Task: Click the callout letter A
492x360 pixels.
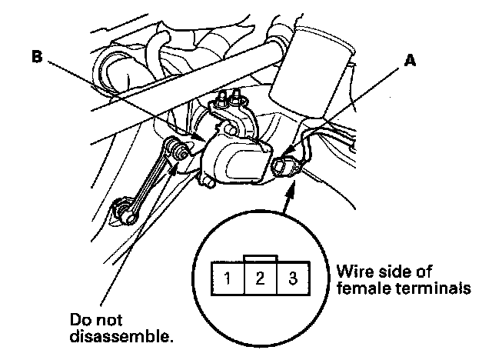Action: pos(410,60)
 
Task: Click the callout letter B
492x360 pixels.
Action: pos(37,57)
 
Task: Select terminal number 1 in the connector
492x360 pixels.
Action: pos(228,278)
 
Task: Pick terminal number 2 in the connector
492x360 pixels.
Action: pos(260,278)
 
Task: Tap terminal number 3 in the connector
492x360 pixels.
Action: pos(292,278)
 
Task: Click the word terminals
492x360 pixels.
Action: pos(433,288)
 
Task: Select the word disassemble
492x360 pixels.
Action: pos(121,336)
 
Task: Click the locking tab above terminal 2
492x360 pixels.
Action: pos(261,258)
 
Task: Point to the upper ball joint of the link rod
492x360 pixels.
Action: pos(178,148)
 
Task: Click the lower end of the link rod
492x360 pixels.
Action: pos(124,210)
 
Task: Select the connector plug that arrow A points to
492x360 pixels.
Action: pos(285,165)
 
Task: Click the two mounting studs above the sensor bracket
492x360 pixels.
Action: pos(229,97)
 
